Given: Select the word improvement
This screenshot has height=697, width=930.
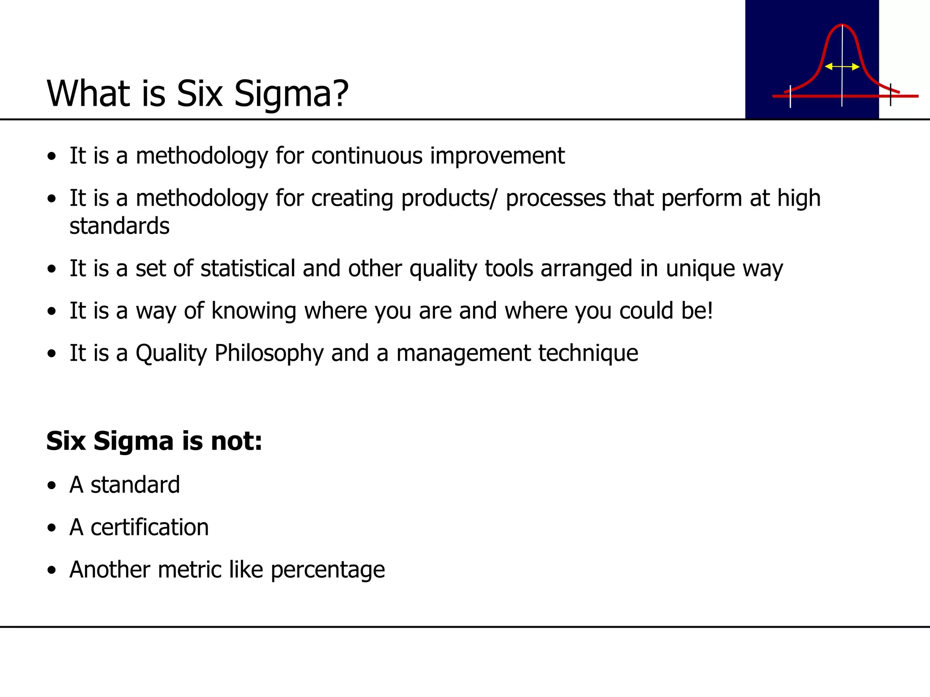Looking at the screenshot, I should tap(497, 157).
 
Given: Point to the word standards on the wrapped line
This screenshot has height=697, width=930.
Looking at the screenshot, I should tap(119, 226).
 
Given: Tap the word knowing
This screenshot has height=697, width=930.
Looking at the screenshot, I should tap(254, 311).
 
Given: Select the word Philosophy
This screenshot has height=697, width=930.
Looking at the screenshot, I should tap(269, 354).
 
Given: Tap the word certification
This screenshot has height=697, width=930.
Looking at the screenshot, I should tap(149, 527).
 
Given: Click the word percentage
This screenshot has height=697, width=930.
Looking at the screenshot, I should tap(327, 570).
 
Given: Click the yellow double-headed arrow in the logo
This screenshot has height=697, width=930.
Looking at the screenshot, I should tap(842, 67).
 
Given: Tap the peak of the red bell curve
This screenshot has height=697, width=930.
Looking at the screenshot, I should tap(842, 25).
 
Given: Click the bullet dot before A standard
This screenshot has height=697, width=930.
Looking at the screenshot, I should tap(52, 486).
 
